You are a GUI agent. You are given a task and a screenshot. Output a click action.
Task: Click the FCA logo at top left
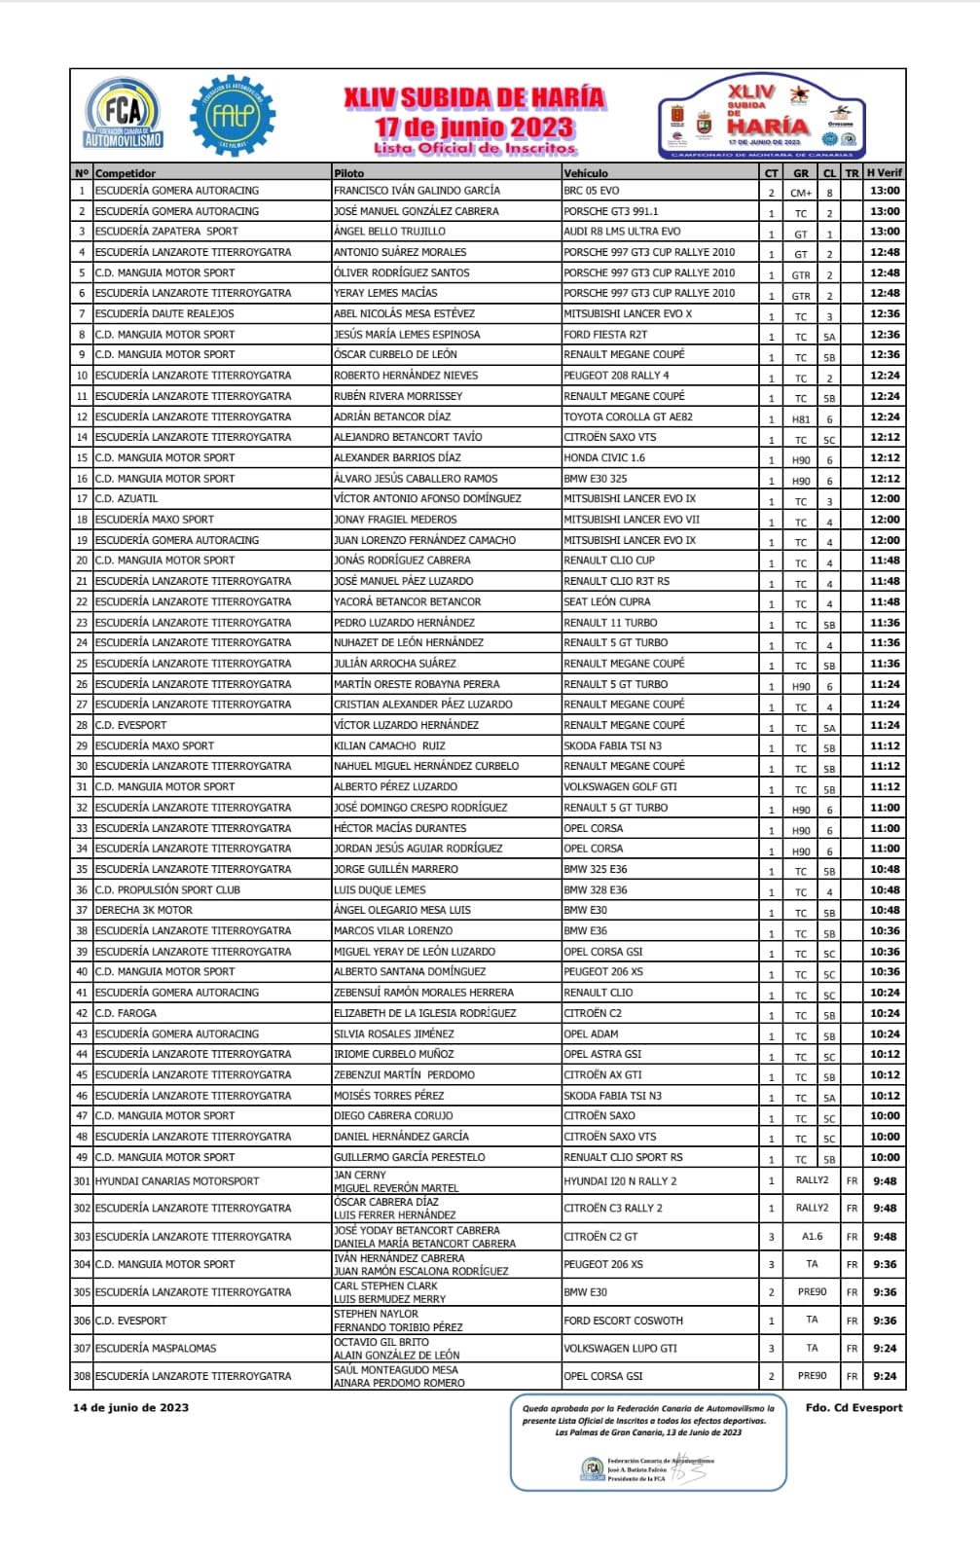pos(124,114)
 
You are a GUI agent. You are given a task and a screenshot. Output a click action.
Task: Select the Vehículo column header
pos(586,173)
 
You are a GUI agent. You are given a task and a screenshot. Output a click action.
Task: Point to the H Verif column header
pos(885,173)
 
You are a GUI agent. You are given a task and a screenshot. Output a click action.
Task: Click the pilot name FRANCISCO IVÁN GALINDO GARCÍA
pos(417,191)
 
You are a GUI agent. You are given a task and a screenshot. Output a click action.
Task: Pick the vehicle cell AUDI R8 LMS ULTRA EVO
pos(622,232)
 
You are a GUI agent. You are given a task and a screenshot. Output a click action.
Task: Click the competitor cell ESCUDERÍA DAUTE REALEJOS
pos(164,313)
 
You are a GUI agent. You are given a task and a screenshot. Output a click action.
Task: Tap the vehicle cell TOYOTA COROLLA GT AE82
pos(628,416)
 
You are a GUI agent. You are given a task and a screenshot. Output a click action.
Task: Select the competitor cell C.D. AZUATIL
pos(127,498)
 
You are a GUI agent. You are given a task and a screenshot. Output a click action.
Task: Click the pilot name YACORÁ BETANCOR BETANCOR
pos(407,601)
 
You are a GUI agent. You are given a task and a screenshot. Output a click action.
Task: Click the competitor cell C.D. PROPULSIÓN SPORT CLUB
pos(167,889)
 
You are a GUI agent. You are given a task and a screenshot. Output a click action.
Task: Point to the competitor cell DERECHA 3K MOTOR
pos(144,910)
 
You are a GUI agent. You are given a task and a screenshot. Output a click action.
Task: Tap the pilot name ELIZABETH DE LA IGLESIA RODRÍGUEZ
pos(424,1013)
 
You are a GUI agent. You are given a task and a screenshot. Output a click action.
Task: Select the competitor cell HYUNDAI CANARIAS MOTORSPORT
pos(177,1180)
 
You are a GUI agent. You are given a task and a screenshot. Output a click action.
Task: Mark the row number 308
pos(82,1376)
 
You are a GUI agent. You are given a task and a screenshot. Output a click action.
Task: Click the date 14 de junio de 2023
pos(130,1407)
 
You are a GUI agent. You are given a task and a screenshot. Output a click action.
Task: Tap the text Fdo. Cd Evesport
pos(853,1407)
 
